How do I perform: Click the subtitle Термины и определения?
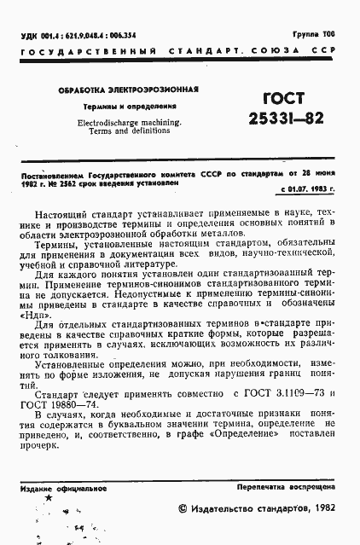point(124,107)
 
